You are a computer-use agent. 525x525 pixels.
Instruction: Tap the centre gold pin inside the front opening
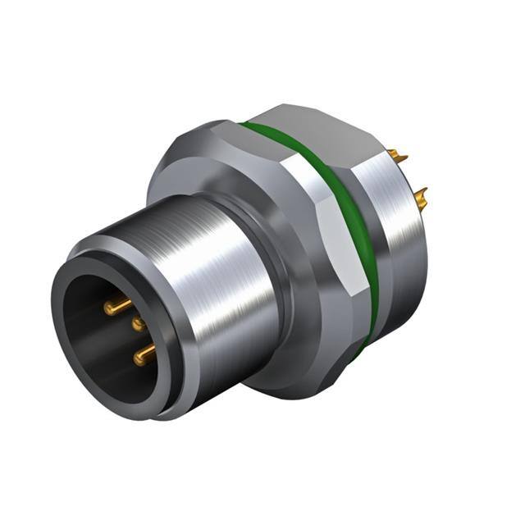click(139, 324)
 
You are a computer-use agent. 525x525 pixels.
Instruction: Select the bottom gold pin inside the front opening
click(144, 355)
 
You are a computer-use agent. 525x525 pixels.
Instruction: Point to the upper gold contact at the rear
click(399, 154)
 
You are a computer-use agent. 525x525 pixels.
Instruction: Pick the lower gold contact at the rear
click(421, 195)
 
